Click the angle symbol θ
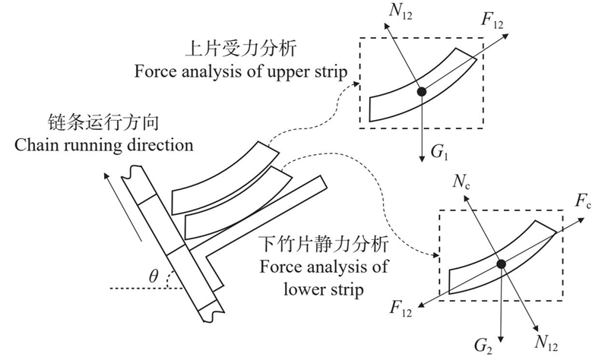[x=154, y=276]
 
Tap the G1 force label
[x=440, y=152]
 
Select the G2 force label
[x=483, y=346]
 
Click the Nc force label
[x=461, y=182]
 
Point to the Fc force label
[x=583, y=201]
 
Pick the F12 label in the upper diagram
[x=492, y=21]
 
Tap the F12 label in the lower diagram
[x=401, y=309]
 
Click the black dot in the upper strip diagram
[x=421, y=92]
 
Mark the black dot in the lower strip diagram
[x=502, y=264]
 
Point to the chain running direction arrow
[x=122, y=206]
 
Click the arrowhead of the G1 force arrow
[x=422, y=159]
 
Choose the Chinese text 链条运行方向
[x=103, y=122]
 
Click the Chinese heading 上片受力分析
[x=241, y=49]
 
